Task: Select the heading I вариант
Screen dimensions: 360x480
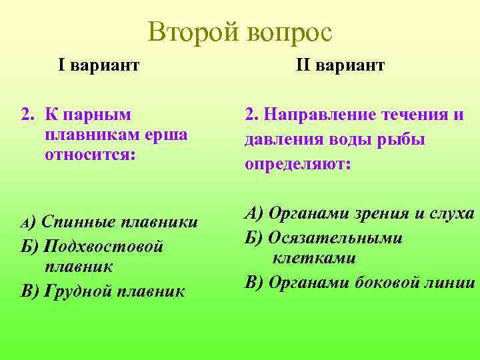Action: tap(99, 65)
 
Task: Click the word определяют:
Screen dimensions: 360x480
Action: tap(297, 165)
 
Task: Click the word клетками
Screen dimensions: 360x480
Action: tap(313, 258)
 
